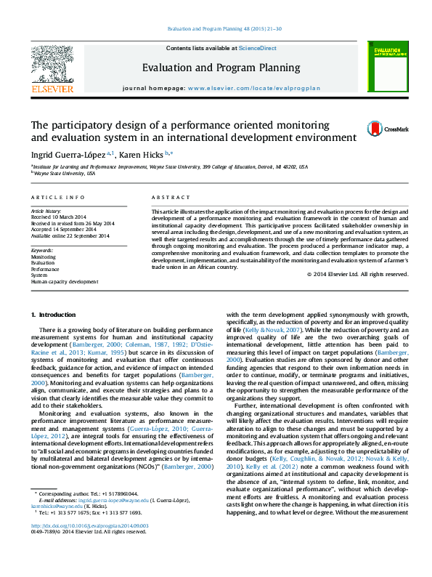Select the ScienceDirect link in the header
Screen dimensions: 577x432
[x=258, y=47]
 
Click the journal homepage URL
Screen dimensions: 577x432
[x=253, y=87]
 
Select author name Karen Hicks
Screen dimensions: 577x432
[x=142, y=154]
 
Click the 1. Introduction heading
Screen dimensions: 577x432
[x=53, y=314]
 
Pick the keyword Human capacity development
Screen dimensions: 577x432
[x=64, y=281]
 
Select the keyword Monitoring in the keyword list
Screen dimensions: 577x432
[x=43, y=257]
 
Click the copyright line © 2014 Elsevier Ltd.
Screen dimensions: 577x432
[x=357, y=274]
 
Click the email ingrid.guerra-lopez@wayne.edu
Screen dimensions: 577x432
[x=113, y=521]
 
